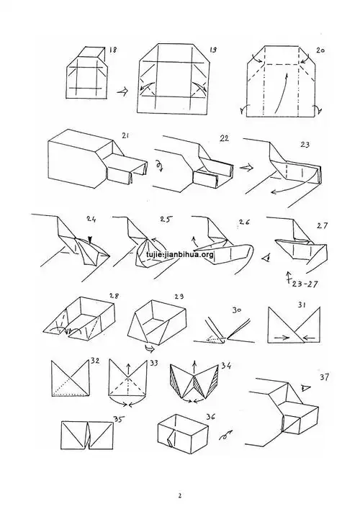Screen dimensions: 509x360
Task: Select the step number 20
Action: tap(320, 52)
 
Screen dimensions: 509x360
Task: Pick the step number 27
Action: tap(321, 225)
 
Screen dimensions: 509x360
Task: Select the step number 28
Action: tap(113, 296)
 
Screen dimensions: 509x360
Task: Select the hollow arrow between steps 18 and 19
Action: tap(123, 92)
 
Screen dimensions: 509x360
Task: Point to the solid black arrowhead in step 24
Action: tap(90, 240)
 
